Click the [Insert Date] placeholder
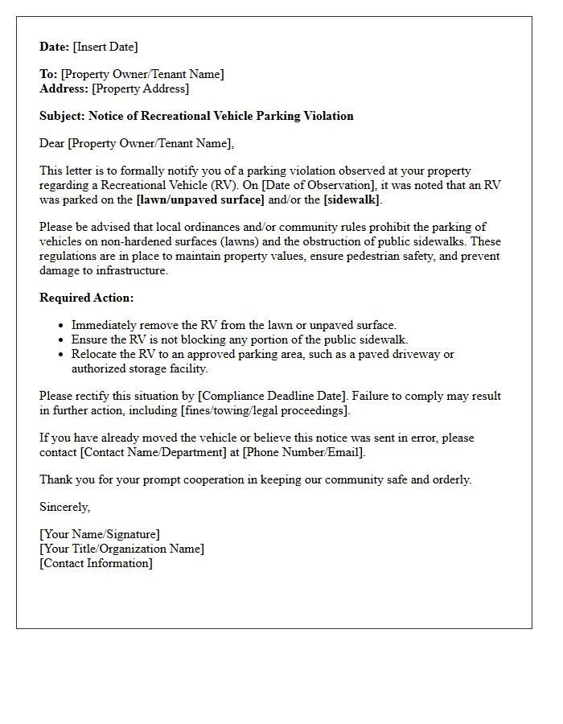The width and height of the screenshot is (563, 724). tap(105, 47)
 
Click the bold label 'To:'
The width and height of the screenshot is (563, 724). tap(48, 74)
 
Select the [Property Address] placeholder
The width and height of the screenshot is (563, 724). tap(140, 88)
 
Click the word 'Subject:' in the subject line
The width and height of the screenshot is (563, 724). tap(62, 116)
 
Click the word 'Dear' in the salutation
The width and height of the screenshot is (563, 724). tap(52, 143)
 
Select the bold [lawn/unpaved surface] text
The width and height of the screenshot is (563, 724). tap(200, 200)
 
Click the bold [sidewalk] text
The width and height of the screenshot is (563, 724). tap(352, 200)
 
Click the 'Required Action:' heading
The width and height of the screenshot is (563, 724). tap(87, 298)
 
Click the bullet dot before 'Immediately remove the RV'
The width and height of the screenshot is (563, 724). tap(62, 326)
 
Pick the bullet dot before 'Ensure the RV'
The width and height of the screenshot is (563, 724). tap(62, 340)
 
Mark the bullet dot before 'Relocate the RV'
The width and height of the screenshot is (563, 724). tap(62, 355)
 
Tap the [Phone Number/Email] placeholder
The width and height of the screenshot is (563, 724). tap(303, 452)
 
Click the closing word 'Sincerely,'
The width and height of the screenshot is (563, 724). tap(65, 507)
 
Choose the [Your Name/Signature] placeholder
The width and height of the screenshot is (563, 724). tap(100, 534)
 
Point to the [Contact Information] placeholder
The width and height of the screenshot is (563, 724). tap(96, 563)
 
